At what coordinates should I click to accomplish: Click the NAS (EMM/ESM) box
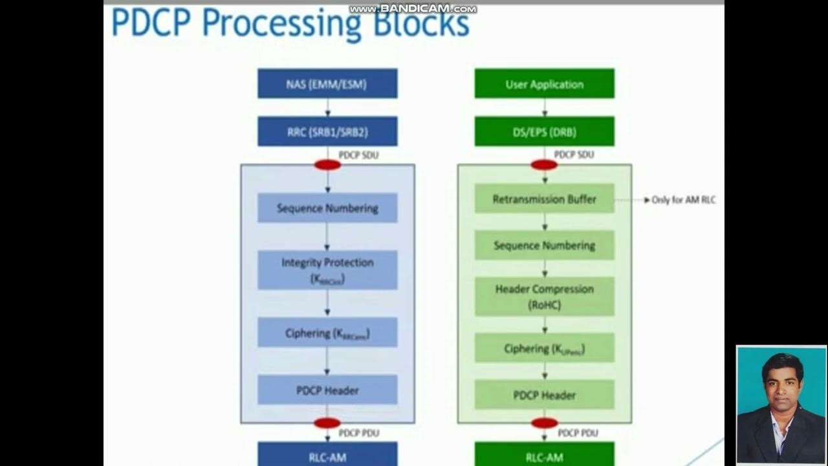[x=327, y=84]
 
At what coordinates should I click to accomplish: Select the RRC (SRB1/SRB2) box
[x=327, y=132]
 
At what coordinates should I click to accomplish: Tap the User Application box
[x=544, y=84]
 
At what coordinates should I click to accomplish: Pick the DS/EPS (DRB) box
[x=544, y=132]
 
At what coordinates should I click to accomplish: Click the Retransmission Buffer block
[x=544, y=199]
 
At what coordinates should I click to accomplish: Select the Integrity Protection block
[x=327, y=270]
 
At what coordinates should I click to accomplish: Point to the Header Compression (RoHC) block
[x=544, y=296]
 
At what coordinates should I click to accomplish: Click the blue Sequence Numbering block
[x=327, y=208]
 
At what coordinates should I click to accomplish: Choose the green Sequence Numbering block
[x=544, y=246]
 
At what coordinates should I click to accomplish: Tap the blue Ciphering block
[x=327, y=333]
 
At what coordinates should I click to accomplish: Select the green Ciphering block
[x=544, y=349]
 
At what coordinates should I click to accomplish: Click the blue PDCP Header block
[x=327, y=390]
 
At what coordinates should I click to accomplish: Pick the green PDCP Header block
[x=544, y=395]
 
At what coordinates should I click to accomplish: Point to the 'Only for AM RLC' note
[x=683, y=200]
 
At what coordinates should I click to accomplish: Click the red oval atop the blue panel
[x=327, y=165]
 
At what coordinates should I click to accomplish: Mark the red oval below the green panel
[x=544, y=423]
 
